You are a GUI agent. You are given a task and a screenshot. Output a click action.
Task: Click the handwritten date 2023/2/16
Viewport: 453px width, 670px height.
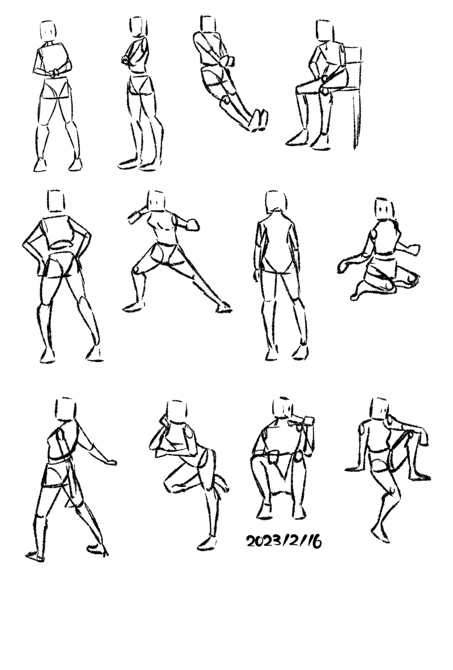(283, 541)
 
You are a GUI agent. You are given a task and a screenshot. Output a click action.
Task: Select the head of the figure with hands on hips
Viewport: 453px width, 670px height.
(56, 201)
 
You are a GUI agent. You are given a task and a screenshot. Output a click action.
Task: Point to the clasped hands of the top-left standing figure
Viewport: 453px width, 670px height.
(56, 72)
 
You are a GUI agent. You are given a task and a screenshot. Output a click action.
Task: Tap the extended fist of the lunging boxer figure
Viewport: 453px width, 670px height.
(193, 224)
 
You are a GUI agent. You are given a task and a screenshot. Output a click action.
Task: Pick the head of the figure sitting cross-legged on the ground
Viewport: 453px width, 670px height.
(384, 208)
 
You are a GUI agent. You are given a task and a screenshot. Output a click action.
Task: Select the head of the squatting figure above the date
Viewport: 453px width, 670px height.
(283, 408)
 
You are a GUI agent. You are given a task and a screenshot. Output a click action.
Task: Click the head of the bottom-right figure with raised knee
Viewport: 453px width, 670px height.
(379, 408)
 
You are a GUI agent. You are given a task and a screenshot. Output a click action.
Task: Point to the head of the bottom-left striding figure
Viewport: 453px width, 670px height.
(65, 409)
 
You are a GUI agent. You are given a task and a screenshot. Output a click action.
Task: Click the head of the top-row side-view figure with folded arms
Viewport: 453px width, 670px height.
(138, 27)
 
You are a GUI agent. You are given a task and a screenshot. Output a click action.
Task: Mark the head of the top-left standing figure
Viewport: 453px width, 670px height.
(48, 31)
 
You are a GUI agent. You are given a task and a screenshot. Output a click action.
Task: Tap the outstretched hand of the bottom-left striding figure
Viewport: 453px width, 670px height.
(111, 462)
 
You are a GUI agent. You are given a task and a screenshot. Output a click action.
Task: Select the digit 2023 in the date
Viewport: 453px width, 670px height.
(262, 541)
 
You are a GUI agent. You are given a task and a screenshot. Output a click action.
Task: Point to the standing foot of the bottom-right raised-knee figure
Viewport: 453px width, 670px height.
(380, 535)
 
